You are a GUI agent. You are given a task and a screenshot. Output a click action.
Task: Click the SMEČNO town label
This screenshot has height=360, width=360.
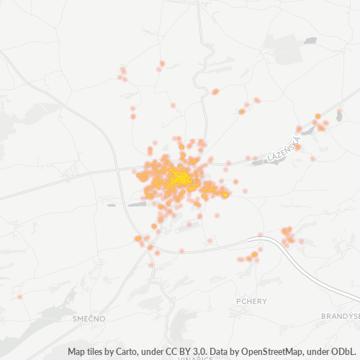pyautogui.click(x=89, y=317)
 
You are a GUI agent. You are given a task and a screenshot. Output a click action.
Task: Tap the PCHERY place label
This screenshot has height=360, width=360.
pyautogui.click(x=251, y=301)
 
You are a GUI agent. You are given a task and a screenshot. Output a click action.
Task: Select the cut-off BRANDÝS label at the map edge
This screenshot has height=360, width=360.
pyautogui.click(x=341, y=316)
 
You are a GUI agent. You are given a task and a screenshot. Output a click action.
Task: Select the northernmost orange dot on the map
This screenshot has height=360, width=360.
pyautogui.click(x=163, y=63)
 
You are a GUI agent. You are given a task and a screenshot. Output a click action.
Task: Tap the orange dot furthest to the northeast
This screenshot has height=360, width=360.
pyautogui.click(x=340, y=112)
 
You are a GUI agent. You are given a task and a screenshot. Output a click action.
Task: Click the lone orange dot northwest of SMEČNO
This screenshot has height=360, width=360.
pyautogui.click(x=20, y=297)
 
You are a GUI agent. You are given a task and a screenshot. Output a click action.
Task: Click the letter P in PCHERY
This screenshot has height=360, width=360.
pyautogui.click(x=238, y=301)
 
